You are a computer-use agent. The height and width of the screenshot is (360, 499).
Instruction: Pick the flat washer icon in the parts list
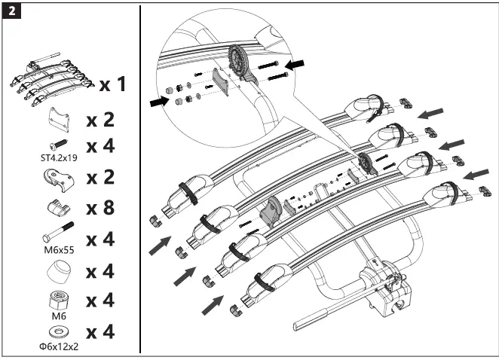(57, 332)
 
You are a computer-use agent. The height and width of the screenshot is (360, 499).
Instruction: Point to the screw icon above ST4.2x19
(57, 144)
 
